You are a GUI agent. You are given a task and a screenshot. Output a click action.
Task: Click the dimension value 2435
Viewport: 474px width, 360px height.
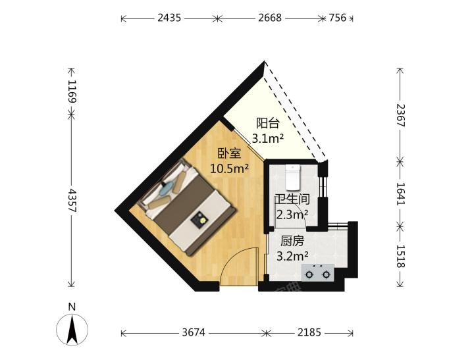169,18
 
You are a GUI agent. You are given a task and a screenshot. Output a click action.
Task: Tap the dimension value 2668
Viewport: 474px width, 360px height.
270,18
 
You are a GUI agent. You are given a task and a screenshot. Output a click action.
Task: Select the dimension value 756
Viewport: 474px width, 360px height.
337,18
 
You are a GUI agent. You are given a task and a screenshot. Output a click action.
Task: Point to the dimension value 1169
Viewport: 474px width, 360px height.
72,91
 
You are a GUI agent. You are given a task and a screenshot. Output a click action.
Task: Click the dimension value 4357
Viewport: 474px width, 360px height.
72,201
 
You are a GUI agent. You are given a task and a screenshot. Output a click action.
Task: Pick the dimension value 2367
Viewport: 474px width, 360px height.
400,115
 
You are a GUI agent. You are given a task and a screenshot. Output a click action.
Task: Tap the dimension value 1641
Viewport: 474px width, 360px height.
400,193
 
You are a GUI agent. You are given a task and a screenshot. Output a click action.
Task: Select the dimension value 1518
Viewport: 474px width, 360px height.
400,256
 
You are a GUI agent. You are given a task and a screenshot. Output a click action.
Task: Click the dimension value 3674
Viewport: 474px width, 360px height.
194,333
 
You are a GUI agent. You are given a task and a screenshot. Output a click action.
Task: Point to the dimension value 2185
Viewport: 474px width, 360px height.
309,333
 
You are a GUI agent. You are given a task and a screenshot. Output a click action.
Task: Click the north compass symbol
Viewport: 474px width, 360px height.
72,330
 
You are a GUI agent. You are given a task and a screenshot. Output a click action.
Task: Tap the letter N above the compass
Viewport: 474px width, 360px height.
72,307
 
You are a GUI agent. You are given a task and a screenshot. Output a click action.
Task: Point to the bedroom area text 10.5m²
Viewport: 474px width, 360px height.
230,168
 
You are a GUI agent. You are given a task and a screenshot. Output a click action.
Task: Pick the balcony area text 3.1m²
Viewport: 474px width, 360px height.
267,139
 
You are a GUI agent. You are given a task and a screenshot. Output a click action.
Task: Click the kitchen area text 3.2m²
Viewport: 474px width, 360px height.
292,256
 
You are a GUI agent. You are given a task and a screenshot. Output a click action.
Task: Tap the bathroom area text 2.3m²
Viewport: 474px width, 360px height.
292,215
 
